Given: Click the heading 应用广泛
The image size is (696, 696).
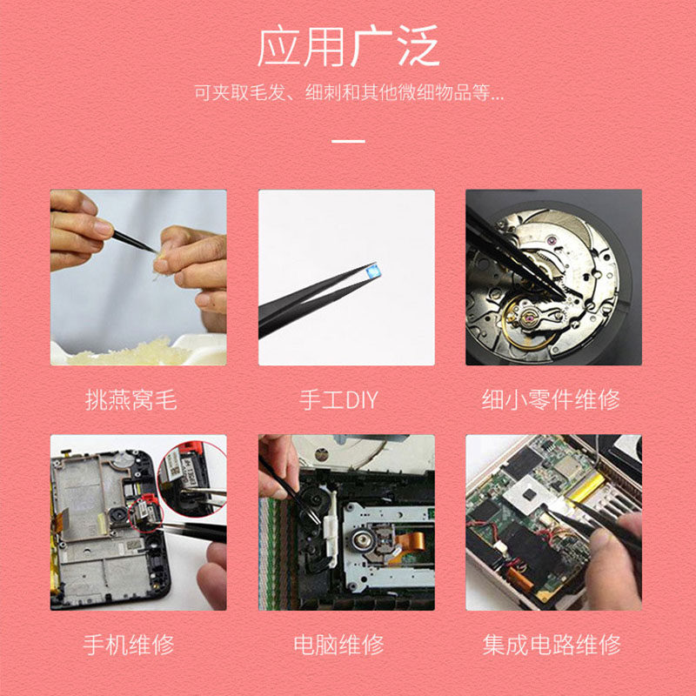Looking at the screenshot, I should pos(348,47).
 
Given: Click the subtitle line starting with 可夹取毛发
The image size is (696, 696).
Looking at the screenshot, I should pos(348,92).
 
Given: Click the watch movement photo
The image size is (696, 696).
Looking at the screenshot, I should pos(553,277).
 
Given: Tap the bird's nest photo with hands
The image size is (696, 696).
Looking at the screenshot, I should pos(138,277).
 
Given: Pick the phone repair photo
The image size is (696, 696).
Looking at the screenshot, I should pos(138,522).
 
